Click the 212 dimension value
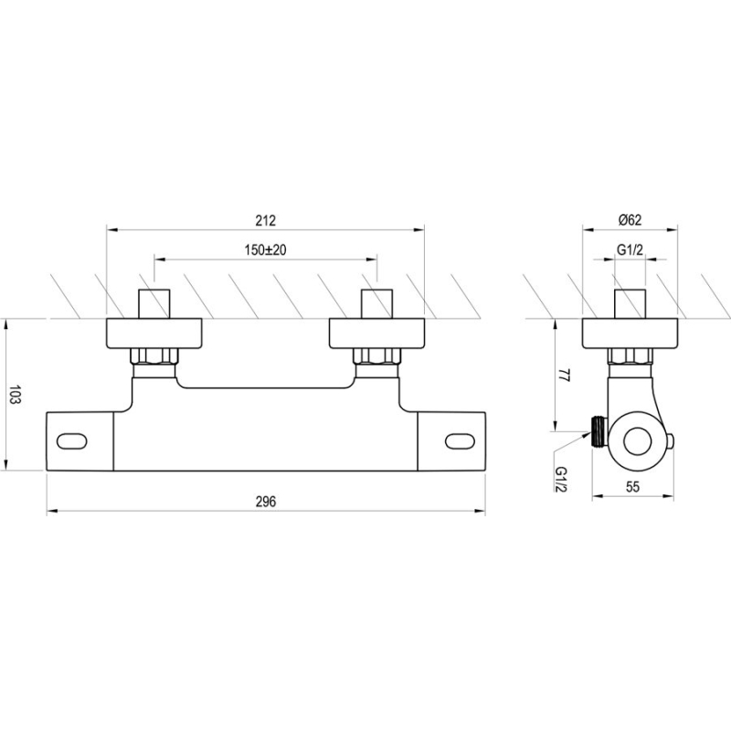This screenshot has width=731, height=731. tap(265, 220)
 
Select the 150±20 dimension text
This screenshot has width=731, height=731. tap(265, 249)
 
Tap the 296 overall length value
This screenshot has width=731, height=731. tap(266, 501)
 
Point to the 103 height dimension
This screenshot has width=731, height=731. tap(16, 395)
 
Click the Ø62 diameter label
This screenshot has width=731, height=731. tap(630, 220)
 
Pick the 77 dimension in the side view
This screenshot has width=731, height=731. tap(564, 376)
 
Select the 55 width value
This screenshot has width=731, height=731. tap(632, 487)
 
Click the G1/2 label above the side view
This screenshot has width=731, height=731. tap(630, 249)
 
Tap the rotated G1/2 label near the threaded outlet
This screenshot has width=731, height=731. tap(560, 480)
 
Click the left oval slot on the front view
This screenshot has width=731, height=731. tap(72, 440)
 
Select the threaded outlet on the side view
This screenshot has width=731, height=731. tap(599, 432)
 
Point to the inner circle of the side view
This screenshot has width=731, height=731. tap(637, 440)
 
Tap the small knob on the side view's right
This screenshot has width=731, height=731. tap(671, 440)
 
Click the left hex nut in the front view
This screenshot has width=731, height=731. tap(154, 356)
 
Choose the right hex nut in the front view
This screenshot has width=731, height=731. tap(377, 356)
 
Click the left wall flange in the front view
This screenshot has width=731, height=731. tap(154, 334)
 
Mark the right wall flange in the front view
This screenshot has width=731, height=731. tap(377, 334)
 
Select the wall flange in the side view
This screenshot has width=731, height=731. tap(630, 334)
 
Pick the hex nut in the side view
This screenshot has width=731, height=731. tap(630, 356)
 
